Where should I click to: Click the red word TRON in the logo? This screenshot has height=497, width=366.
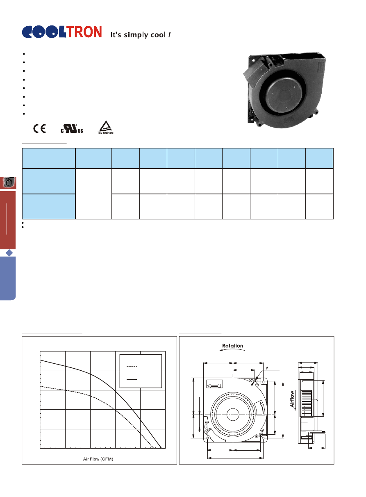pos(84,32)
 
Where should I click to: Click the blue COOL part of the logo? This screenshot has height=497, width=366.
pos(44,32)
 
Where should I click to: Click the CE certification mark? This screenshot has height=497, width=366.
pos(39,128)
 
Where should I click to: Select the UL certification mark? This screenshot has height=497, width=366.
pos(72,129)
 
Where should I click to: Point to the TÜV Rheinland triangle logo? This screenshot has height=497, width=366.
pos(105,128)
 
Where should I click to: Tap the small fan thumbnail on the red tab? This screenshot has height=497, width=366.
pos(9,182)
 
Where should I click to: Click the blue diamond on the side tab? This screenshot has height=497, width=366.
pos(9,253)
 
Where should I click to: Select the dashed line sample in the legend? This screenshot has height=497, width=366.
pos(132,367)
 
